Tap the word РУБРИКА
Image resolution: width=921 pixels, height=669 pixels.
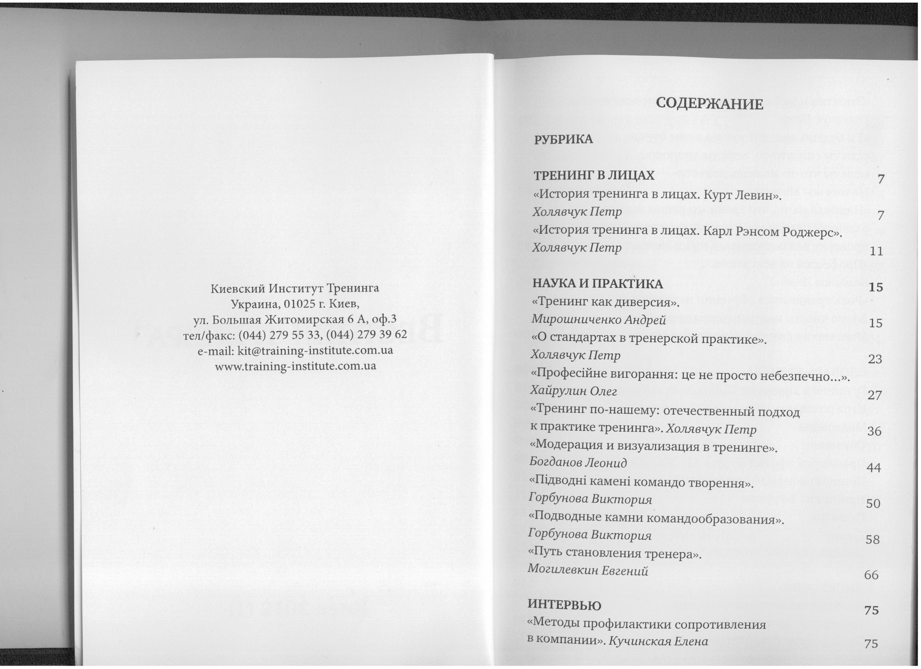563,140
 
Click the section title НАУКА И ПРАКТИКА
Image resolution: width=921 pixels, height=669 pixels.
597,284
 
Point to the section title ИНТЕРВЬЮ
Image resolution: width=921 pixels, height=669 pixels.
564,605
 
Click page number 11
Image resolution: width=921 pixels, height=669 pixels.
877,252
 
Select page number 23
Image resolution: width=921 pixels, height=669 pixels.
875,359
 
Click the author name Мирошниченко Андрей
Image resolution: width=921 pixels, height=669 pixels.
599,320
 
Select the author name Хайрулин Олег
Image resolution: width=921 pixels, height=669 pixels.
573,391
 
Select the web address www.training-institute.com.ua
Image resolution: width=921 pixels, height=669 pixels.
295,366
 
